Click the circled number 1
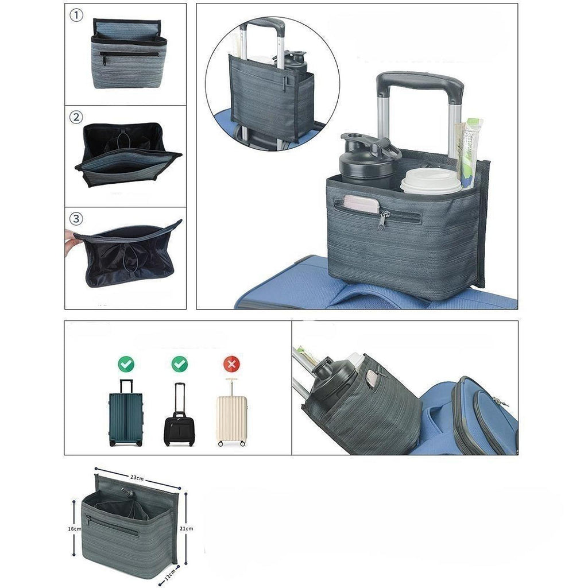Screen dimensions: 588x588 (76, 16)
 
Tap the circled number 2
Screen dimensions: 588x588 (76, 117)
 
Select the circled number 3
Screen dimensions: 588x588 (76, 219)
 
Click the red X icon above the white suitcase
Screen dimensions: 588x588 (232, 363)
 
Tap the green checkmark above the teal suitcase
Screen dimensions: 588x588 (126, 363)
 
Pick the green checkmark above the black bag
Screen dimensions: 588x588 (180, 363)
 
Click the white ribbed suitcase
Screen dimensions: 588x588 (232, 412)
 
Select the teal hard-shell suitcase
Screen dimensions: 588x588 (126, 413)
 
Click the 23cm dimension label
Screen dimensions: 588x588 (137, 478)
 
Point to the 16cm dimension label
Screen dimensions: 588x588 (74, 529)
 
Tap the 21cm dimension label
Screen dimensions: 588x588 (187, 528)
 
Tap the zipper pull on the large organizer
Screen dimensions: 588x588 (383, 219)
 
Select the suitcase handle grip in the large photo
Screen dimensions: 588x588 (420, 85)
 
